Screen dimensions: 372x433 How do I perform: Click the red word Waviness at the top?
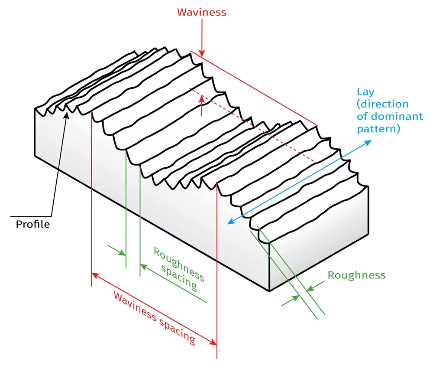[x=201, y=12]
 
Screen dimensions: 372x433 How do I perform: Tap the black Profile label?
[x=33, y=224]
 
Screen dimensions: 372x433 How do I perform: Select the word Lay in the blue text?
[x=365, y=92]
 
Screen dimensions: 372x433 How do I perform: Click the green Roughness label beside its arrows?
[x=356, y=275]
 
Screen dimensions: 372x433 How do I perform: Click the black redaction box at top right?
[x=334, y=18]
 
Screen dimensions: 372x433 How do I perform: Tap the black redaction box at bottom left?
[x=58, y=345]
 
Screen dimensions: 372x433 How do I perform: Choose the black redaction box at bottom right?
[x=375, y=346]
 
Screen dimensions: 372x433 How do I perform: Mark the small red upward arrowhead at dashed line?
[x=202, y=99]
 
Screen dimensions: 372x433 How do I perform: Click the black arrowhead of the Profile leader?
[x=66, y=114]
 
